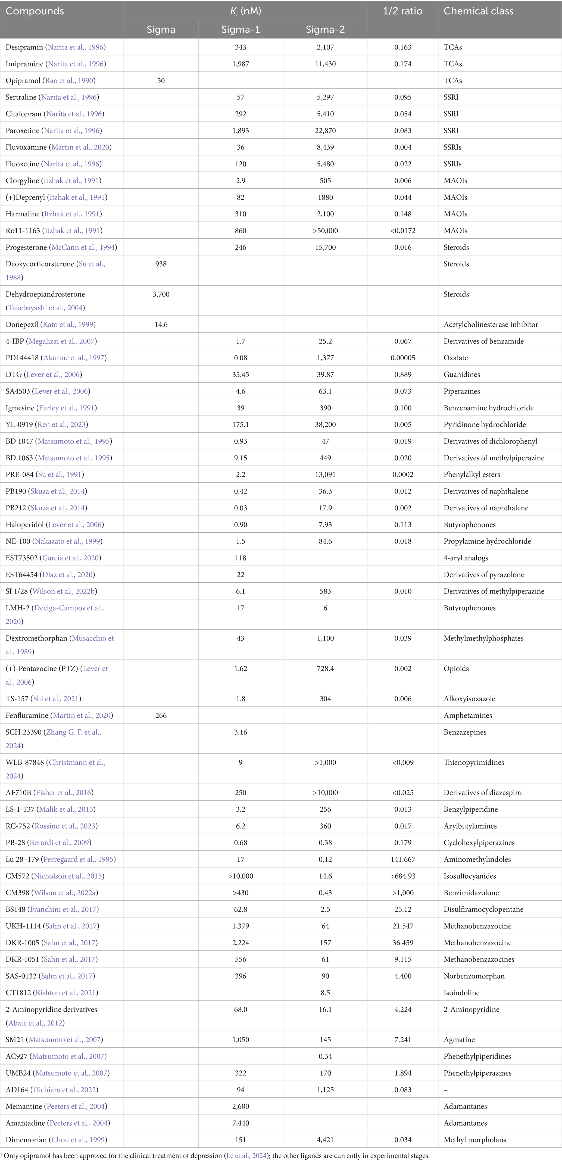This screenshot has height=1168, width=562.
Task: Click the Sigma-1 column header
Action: (x=241, y=29)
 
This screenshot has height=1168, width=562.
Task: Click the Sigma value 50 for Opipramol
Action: (x=161, y=81)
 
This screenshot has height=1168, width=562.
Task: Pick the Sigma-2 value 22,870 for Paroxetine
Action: (x=325, y=131)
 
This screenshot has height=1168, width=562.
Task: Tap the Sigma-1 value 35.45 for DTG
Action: (x=241, y=374)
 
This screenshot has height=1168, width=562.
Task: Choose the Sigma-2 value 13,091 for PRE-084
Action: (x=325, y=475)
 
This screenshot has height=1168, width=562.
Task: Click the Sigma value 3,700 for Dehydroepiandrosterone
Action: (x=161, y=294)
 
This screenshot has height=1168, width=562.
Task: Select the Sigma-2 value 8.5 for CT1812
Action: (x=325, y=992)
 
